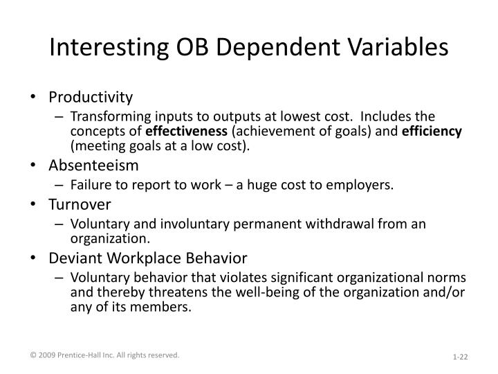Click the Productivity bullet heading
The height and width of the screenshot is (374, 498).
pyautogui.click(x=91, y=97)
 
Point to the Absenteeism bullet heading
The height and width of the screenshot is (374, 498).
pyautogui.click(x=93, y=166)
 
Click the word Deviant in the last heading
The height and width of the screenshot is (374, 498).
pyautogui.click(x=73, y=259)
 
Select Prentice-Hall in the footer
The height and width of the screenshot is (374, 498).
pyautogui.click(x=82, y=355)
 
